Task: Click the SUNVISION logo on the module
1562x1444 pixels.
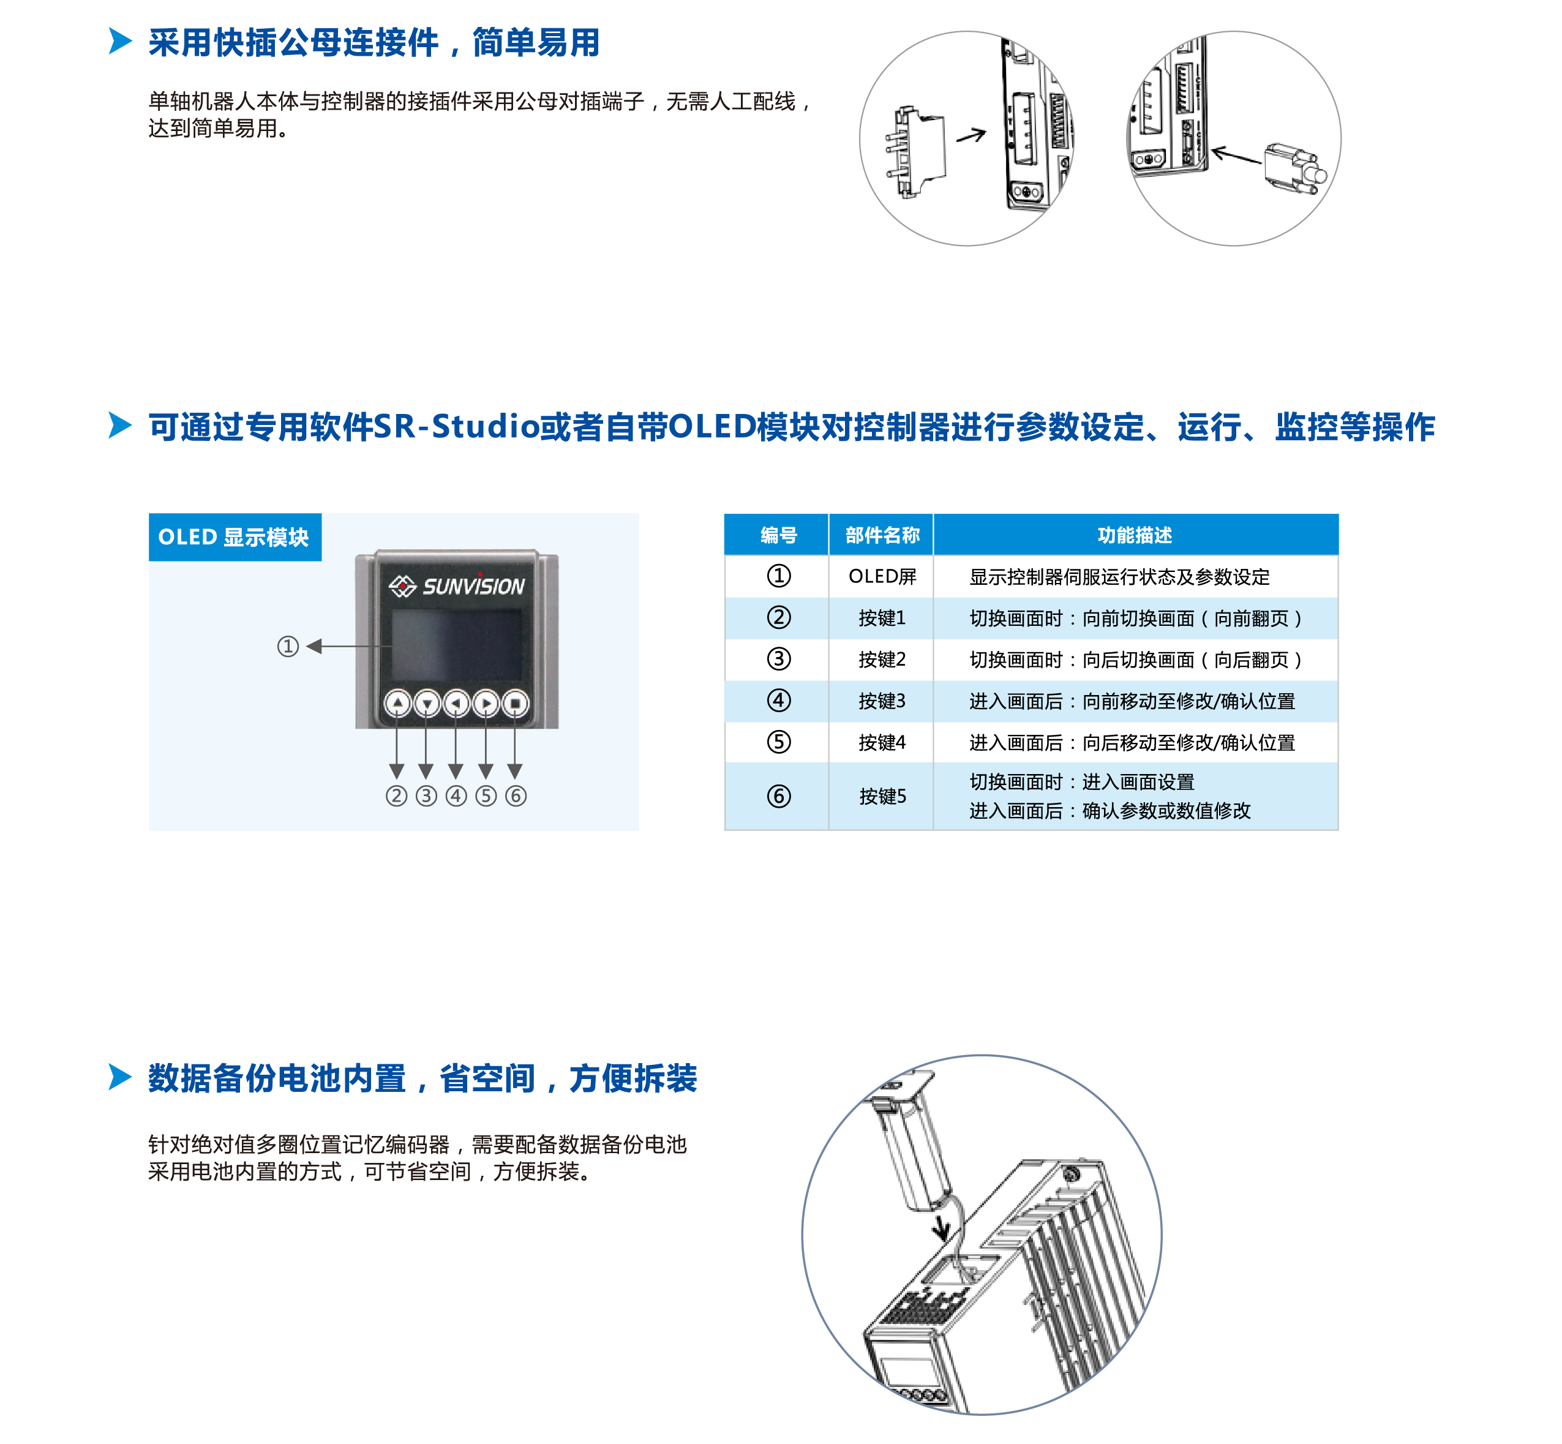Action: click(457, 586)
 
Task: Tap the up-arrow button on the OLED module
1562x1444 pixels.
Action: click(398, 703)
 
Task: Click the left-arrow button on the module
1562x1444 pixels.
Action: click(456, 703)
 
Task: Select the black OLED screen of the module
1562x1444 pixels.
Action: click(457, 645)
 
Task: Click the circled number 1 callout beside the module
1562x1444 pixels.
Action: click(288, 646)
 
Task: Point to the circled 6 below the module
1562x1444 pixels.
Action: click(516, 796)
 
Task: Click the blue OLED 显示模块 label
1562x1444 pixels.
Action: click(235, 538)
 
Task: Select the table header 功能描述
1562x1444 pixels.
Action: click(1135, 535)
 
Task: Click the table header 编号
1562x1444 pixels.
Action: click(778, 535)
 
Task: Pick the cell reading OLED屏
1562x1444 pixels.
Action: click(882, 577)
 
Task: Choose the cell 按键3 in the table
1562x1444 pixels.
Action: click(882, 701)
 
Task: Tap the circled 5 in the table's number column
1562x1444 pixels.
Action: click(778, 742)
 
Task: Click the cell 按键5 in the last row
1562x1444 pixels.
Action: click(882, 796)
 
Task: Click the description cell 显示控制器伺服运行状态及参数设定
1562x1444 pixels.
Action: click(1119, 577)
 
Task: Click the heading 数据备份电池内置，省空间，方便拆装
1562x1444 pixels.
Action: click(422, 1078)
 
